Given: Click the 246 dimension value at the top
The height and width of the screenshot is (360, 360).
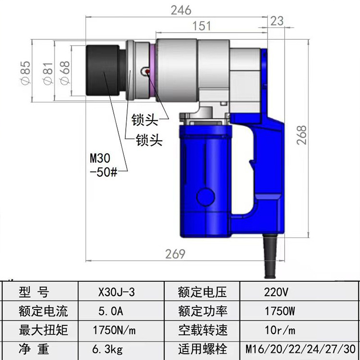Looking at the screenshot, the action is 181,11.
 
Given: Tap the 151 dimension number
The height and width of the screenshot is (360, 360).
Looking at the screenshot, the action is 201,26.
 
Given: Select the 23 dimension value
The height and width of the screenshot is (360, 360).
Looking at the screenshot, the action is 276,21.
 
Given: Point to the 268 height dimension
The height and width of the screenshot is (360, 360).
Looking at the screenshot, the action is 301,135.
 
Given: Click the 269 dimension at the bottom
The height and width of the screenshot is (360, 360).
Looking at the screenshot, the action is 175,254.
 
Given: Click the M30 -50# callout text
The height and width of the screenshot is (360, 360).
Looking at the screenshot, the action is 104,165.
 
